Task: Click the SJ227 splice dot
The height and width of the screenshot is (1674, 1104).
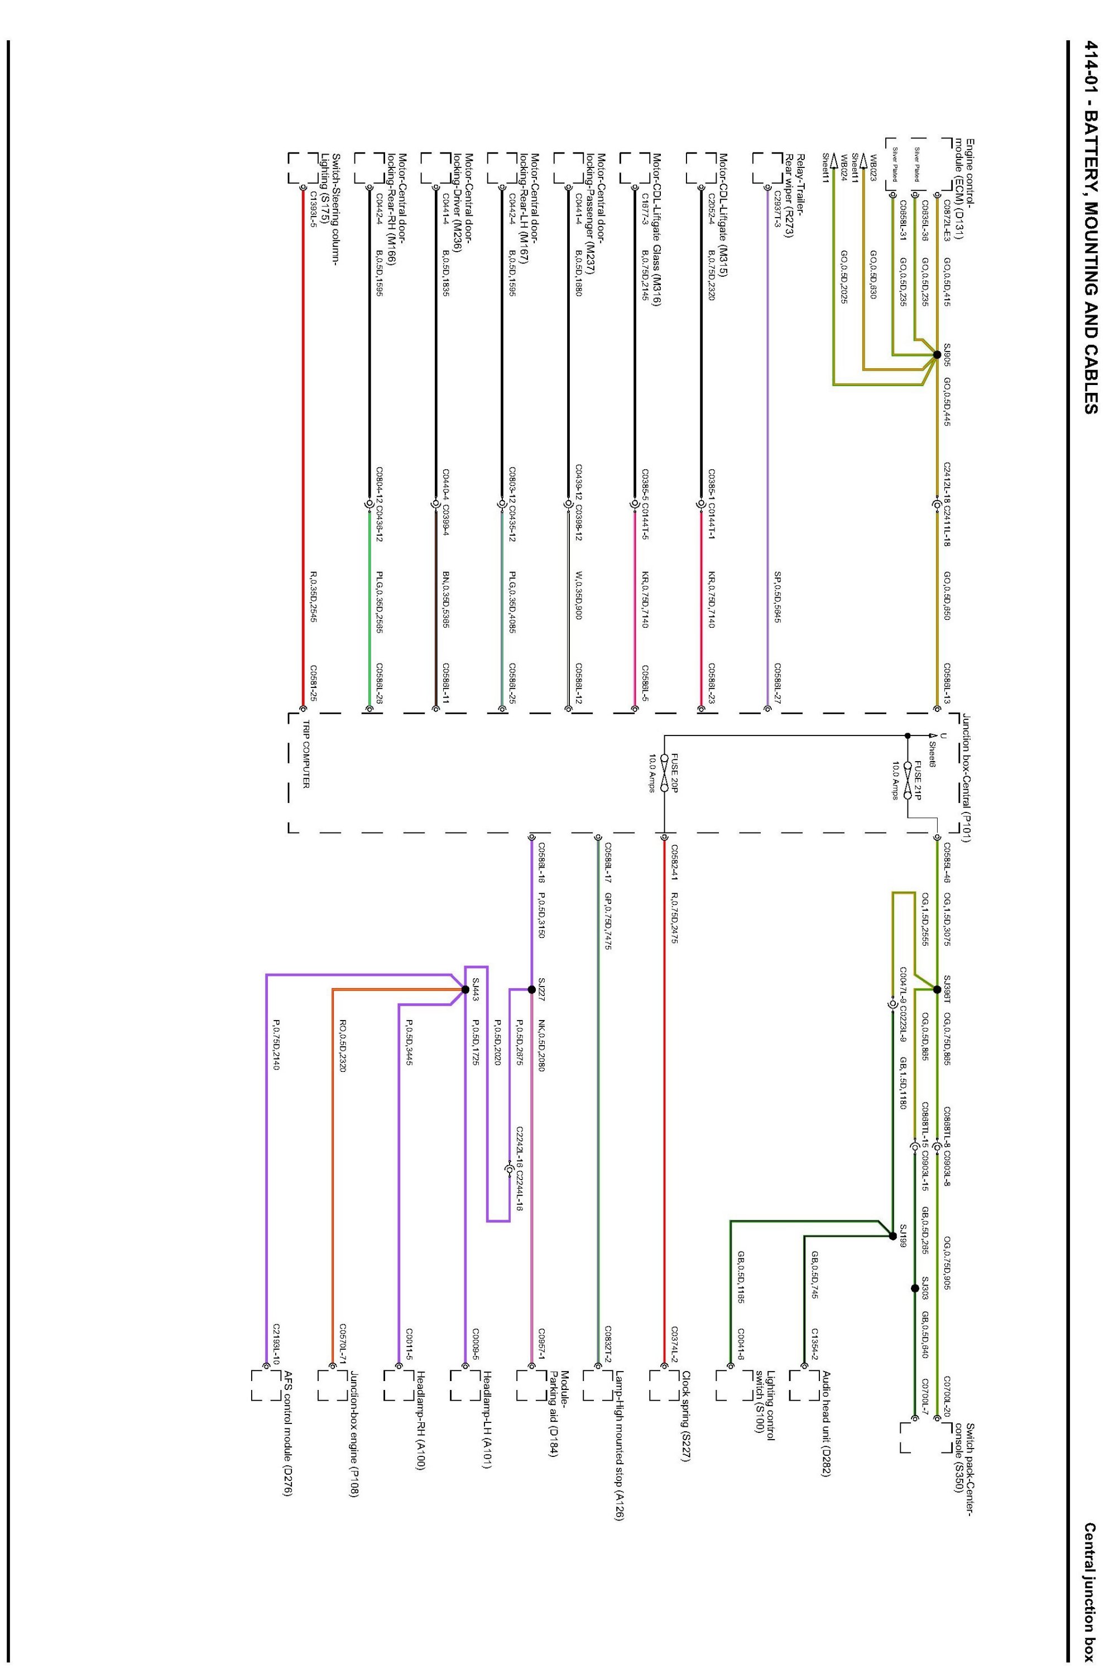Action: [x=531, y=989]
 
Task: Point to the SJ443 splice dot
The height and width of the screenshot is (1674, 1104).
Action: [x=465, y=989]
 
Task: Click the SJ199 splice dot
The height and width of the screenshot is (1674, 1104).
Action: [x=893, y=1235]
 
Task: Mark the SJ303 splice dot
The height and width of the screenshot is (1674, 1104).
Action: [x=915, y=1288]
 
